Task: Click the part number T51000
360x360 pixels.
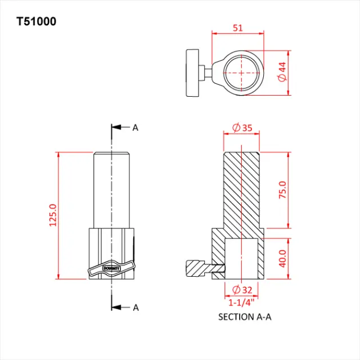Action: tap(36, 22)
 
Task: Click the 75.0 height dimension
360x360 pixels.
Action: tap(282, 190)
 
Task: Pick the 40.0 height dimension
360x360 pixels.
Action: tap(282, 258)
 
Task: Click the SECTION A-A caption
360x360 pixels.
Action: tap(245, 317)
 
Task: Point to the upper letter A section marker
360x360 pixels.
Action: tap(136, 128)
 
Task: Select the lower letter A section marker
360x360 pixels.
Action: tap(136, 307)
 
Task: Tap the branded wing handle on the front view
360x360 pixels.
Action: tap(112, 269)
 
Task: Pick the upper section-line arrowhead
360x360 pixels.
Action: tap(116, 128)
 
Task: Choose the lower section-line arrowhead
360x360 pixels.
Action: tap(116, 307)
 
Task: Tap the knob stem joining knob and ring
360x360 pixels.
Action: tap(208, 73)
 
